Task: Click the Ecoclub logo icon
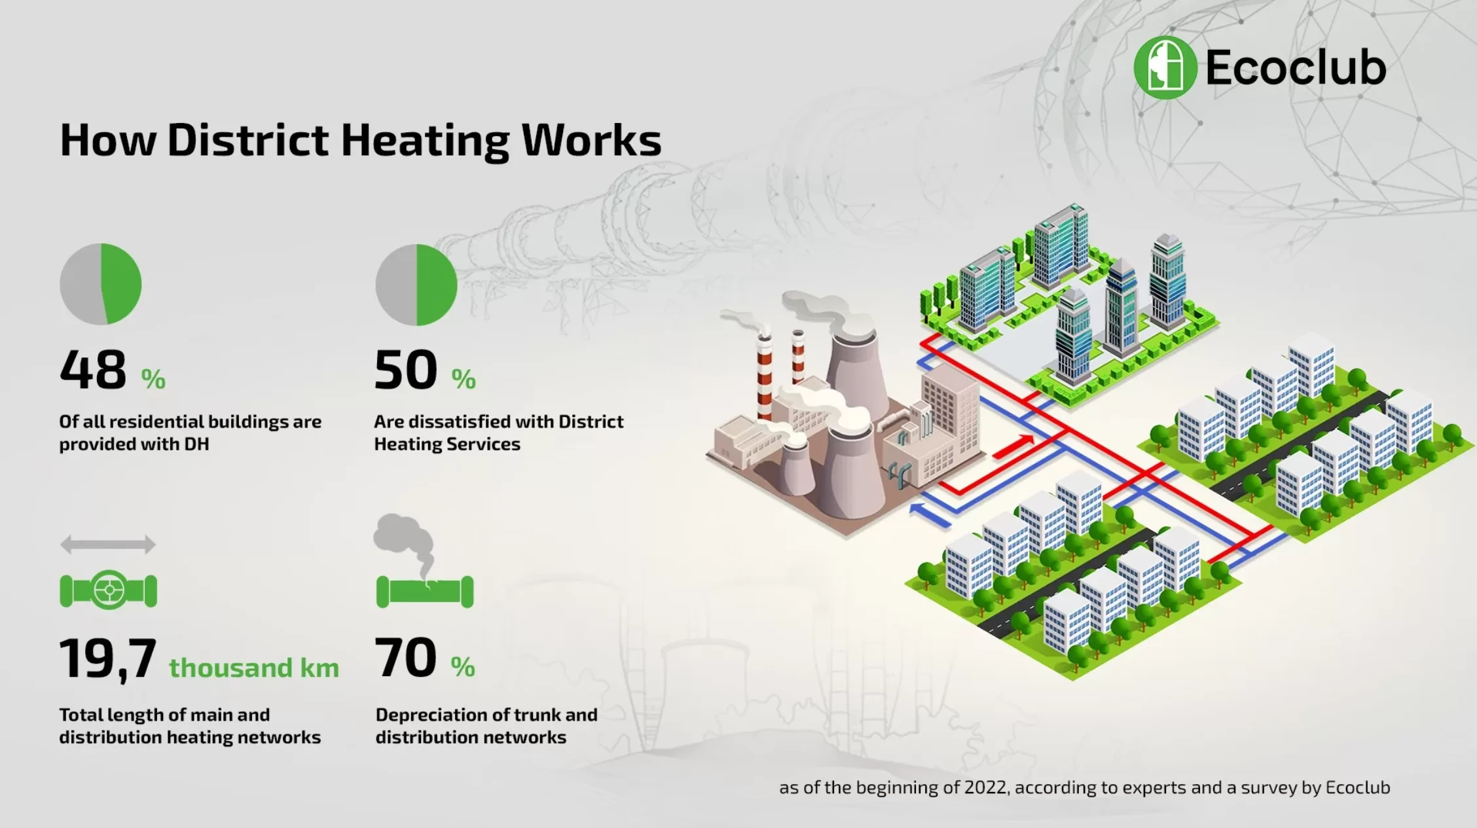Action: point(1165,67)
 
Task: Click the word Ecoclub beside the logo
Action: point(1296,67)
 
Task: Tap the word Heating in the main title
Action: point(425,141)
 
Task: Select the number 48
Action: point(93,370)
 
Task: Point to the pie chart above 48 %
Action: point(101,284)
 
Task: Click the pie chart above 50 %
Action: point(416,285)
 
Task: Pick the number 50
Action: point(406,370)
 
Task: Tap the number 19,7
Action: point(108,658)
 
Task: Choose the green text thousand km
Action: point(254,668)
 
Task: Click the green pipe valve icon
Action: point(109,590)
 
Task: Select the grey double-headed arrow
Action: point(108,544)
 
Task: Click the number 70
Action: point(406,658)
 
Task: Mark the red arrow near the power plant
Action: point(1013,447)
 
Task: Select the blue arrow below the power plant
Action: point(930,514)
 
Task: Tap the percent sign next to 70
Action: point(463,667)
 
